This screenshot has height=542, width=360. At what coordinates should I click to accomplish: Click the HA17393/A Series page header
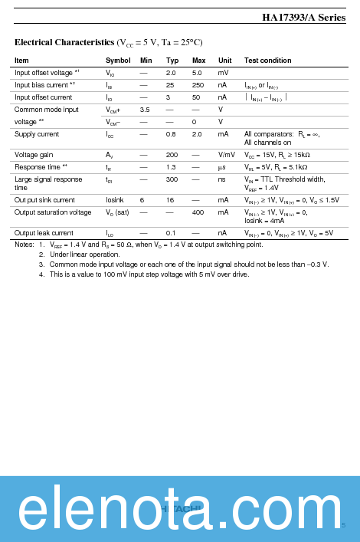pos(303,18)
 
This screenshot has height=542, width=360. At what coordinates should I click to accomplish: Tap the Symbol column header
pos(118,61)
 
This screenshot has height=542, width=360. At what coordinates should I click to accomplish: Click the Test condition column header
pos(267,61)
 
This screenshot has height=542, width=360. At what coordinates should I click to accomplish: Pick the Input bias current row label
pos(45,85)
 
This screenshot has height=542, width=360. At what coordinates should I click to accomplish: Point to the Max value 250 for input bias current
pos(198,85)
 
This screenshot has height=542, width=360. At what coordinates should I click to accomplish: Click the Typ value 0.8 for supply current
pos(171,134)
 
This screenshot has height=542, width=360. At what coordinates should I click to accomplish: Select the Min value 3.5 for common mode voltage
pos(144,110)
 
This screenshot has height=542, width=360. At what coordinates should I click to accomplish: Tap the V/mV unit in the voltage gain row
pos(226,155)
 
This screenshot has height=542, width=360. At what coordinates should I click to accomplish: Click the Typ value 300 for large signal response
pos(172,179)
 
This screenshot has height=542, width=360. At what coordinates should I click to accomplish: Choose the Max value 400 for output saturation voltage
pos(198,212)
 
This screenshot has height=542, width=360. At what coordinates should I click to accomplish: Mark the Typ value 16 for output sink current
pos(170,200)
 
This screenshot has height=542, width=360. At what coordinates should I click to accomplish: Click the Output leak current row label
pos(44,233)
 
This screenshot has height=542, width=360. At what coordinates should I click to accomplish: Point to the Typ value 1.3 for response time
pos(171,167)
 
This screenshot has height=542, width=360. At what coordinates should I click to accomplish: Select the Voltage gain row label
pos(34,155)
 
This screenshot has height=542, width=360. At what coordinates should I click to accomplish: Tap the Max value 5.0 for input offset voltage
pos(197,73)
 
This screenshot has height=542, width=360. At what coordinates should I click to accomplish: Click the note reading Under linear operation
pos(85,255)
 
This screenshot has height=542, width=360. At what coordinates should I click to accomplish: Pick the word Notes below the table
pos(25,245)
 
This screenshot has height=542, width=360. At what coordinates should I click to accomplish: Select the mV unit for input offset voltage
pos(223,73)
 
